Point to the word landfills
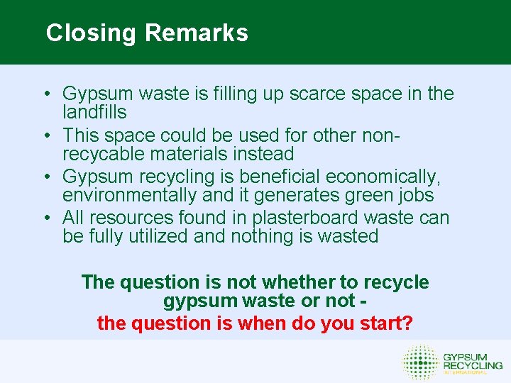click(94, 112)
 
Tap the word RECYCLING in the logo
click(473, 364)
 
